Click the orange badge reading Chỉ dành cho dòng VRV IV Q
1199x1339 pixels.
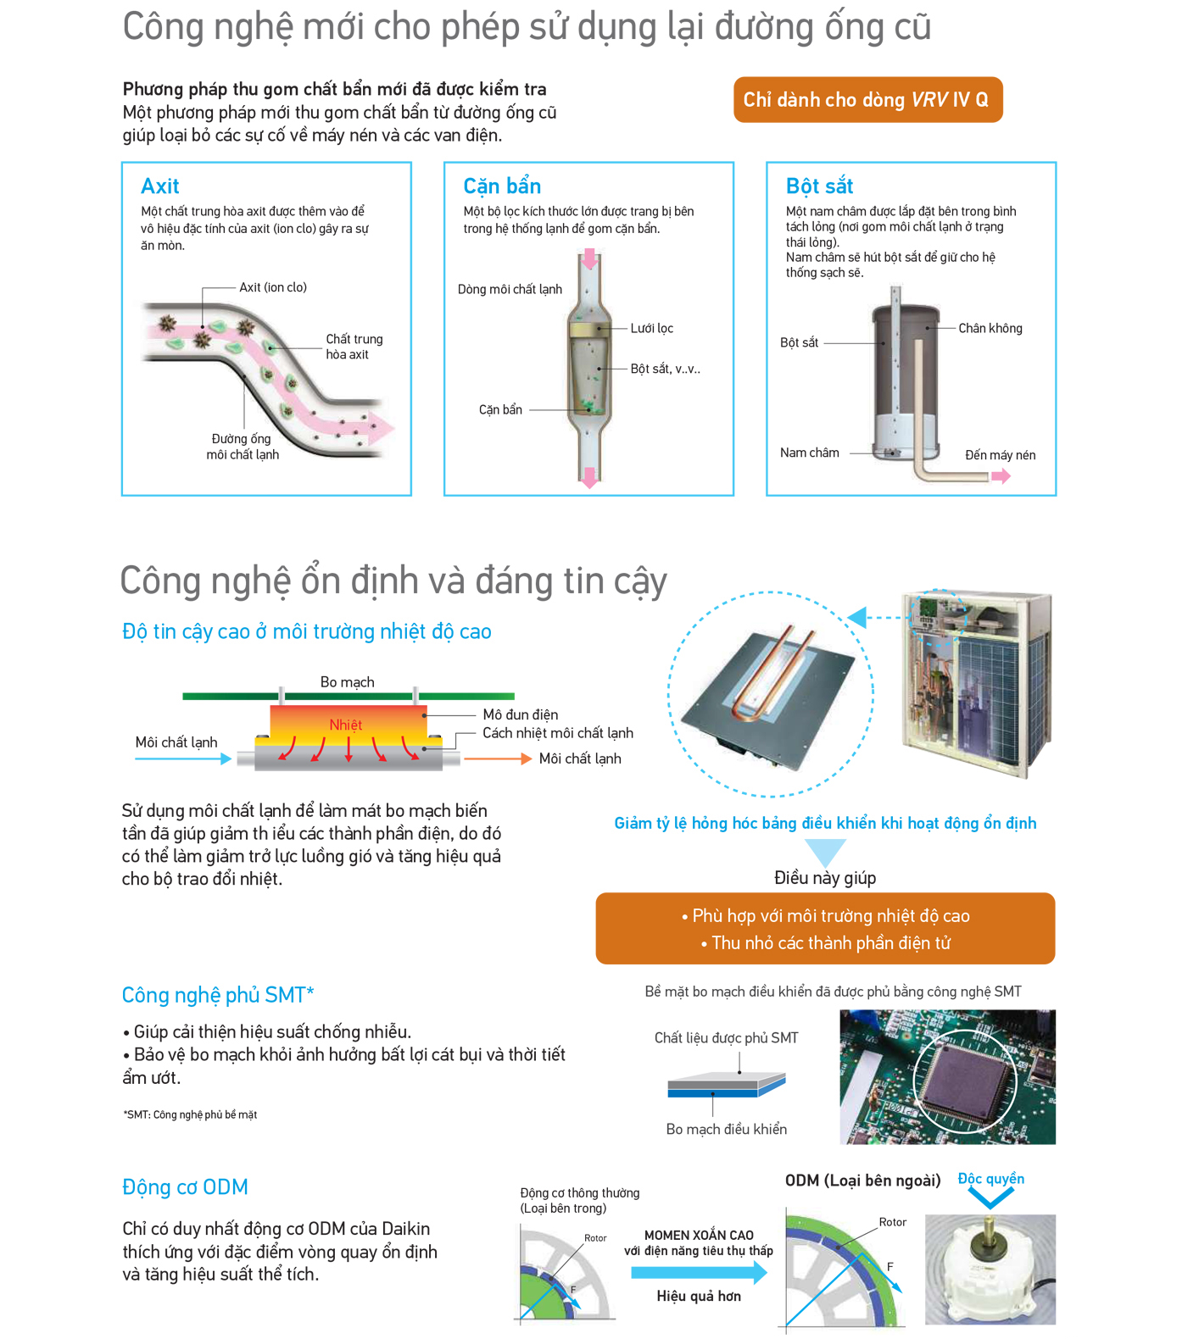click(867, 100)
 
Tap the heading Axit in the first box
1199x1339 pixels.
click(160, 186)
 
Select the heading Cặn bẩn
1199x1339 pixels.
click(502, 186)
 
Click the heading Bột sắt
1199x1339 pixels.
click(819, 186)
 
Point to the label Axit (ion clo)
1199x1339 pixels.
click(273, 287)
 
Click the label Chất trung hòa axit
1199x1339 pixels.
click(354, 347)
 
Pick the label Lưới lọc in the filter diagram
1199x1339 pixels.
click(651, 328)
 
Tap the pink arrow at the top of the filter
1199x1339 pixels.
click(589, 258)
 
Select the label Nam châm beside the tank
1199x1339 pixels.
click(810, 453)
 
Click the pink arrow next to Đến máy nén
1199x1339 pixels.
click(1001, 476)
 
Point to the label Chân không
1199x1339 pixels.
click(990, 328)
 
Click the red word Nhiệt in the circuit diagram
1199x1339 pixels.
click(346, 725)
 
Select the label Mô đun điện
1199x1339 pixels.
click(520, 714)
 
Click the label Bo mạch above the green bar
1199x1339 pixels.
click(347, 682)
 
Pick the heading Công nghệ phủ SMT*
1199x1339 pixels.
click(218, 995)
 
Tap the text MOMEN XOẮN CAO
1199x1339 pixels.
click(699, 1236)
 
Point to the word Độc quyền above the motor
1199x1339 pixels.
click(990, 1179)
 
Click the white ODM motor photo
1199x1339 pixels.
click(990, 1270)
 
